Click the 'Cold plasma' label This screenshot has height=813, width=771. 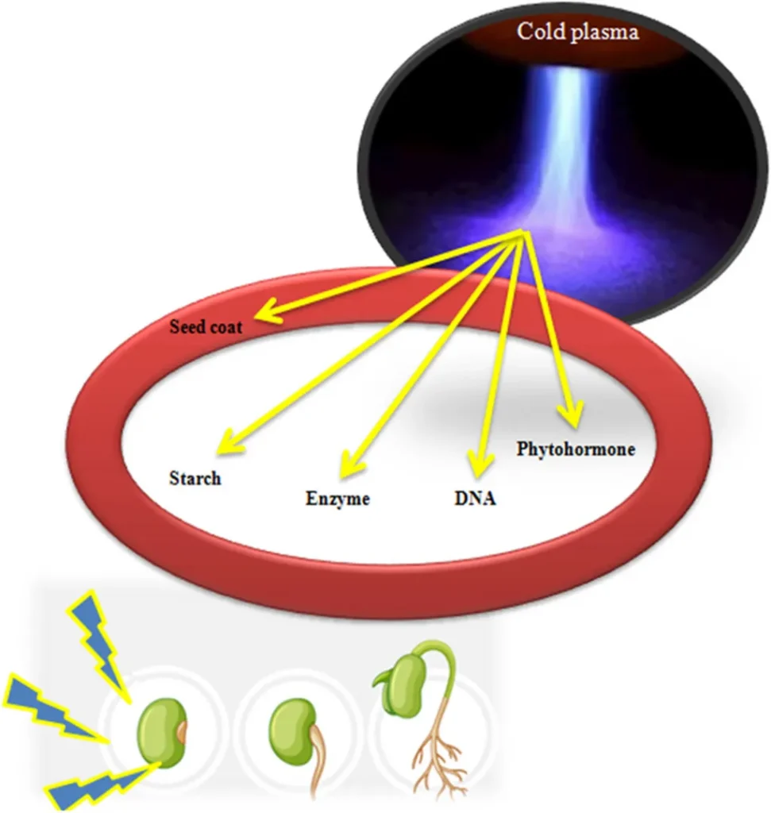pos(577,33)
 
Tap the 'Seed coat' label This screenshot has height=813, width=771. pos(205,326)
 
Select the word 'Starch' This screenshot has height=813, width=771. pos(195,478)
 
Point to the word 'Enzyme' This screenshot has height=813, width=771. pos(337,499)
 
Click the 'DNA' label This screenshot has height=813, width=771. pos(475,499)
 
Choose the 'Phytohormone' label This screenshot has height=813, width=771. pos(576,449)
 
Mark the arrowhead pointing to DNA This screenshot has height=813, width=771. pos(477,461)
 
